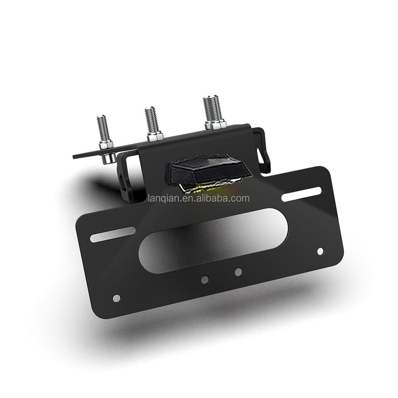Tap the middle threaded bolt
coord(151,122)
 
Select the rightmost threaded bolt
coord(214,111)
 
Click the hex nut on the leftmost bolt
coord(106,145)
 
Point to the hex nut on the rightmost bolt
coord(216,125)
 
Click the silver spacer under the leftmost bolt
coord(108,159)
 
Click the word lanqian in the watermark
coord(164,198)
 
